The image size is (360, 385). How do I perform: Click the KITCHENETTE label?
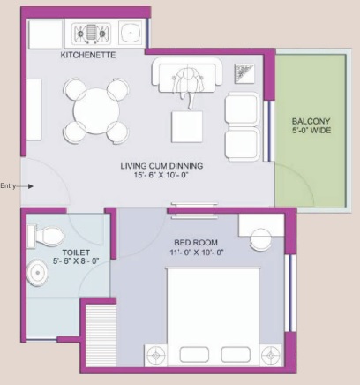(x=88, y=55)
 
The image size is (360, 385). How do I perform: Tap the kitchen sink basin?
(x=130, y=32)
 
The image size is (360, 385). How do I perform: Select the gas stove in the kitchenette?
(x=92, y=34)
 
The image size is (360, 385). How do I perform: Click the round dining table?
(x=96, y=111)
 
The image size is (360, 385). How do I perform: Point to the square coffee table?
(x=187, y=127)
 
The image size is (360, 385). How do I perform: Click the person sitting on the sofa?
(x=187, y=86)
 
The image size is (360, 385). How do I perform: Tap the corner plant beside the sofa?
(x=244, y=73)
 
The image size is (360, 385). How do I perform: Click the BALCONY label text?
(x=311, y=121)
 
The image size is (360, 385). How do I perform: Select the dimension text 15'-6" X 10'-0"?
(x=161, y=175)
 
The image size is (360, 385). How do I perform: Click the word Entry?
(x=8, y=186)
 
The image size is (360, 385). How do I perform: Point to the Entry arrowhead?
(x=31, y=186)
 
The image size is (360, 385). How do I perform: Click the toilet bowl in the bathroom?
(x=46, y=236)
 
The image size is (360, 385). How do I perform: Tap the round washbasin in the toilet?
(x=37, y=273)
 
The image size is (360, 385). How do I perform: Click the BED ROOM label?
(x=196, y=243)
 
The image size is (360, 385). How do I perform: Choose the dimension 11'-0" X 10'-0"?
(x=197, y=253)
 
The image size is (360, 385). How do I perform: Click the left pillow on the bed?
(x=194, y=354)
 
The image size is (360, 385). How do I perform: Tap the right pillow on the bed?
(x=236, y=354)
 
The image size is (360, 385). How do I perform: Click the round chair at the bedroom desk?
(x=261, y=239)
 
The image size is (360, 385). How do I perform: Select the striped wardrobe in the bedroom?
(x=101, y=336)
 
